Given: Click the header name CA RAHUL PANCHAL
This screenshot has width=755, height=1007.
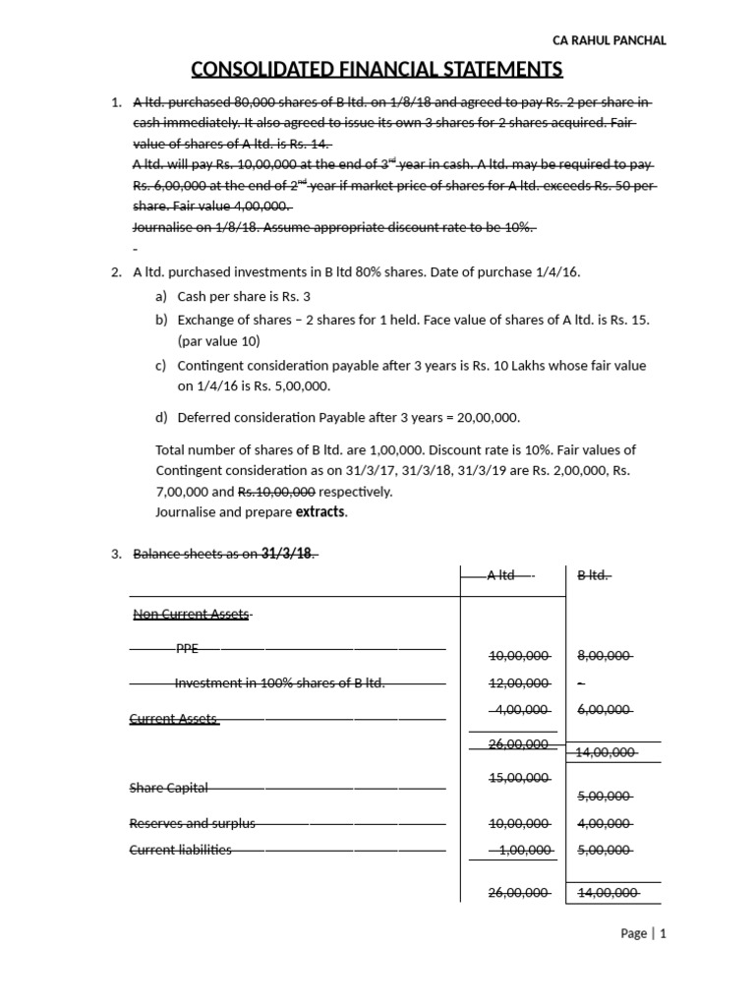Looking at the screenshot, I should pos(610,40).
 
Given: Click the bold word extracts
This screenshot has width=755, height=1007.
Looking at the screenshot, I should pos(320,512).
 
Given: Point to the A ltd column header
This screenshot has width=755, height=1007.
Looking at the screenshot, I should pos(506,575).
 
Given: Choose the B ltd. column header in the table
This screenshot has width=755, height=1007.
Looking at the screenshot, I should pos(594,575).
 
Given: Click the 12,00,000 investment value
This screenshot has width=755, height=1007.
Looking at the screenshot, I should pos(519,683).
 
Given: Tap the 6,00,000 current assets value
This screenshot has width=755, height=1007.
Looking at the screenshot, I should pos(604,708).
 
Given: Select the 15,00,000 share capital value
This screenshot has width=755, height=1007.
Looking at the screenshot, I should pos(519,779).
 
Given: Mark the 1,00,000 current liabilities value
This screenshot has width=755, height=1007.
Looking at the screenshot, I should pos(522,850).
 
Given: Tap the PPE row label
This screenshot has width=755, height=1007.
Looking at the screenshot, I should pos(186,649).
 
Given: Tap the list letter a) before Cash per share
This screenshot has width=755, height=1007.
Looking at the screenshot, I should pos(161,296).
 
